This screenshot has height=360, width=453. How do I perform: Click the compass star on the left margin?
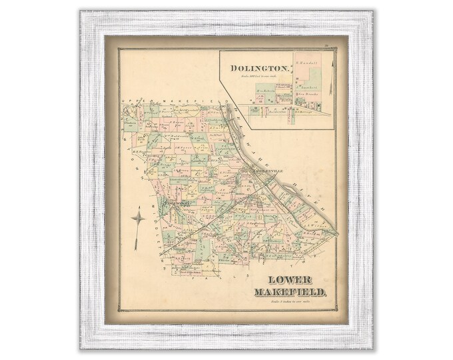point(137,219)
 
